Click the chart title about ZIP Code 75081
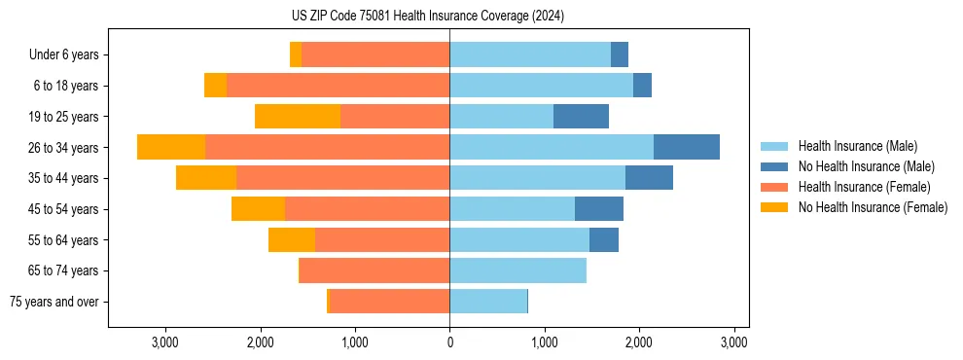point(427,17)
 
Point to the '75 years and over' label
point(54,302)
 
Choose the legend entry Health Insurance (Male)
point(857,146)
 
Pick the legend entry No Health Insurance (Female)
point(872,207)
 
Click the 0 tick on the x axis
point(449,342)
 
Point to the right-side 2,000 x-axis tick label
point(638,342)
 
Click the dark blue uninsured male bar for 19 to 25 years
point(581,117)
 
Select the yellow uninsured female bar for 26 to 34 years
point(171,147)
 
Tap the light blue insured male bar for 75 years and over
point(488,302)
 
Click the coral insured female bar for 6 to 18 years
point(338,86)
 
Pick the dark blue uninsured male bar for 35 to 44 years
point(649,178)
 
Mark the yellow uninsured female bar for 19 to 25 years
point(298,117)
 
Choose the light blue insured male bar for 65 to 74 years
point(517,270)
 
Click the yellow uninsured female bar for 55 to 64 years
point(292,240)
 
